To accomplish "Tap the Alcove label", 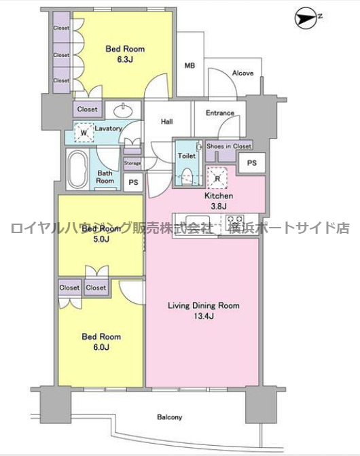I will [242, 73].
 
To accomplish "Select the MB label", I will [190, 66].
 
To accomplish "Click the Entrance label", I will [220, 113].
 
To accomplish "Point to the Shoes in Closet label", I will [229, 145].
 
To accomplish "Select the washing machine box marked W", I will [84, 134].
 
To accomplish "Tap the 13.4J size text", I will [204, 317].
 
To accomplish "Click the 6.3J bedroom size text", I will [124, 59].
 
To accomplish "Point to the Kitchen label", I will [219, 197].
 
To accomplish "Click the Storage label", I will [132, 163].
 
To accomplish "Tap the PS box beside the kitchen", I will [252, 163].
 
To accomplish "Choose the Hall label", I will [167, 122].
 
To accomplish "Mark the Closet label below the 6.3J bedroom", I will [87, 109].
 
